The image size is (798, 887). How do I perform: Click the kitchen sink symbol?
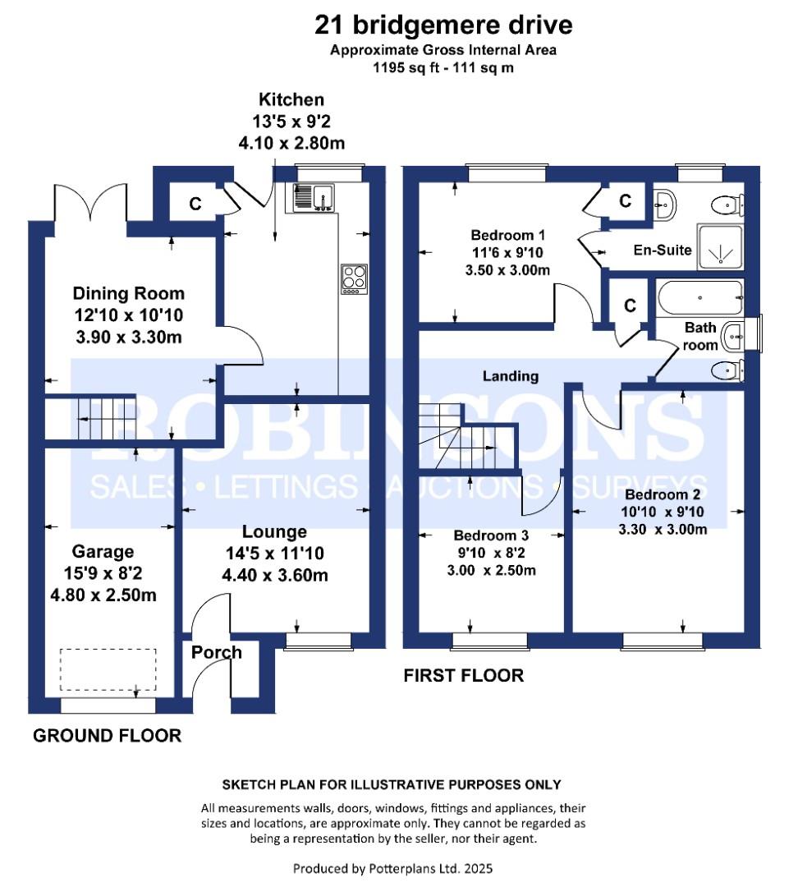pyautogui.click(x=314, y=198)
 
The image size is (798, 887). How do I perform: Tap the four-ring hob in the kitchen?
pyautogui.click(x=354, y=279)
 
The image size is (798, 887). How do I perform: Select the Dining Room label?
pyautogui.click(x=128, y=293)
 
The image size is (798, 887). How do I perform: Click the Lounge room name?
pyautogui.click(x=274, y=531)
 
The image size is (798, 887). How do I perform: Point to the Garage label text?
pyautogui.click(x=103, y=552)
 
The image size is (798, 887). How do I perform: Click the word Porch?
pyautogui.click(x=216, y=652)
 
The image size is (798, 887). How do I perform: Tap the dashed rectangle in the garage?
pyautogui.click(x=108, y=669)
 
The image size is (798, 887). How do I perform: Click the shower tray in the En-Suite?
pyautogui.click(x=720, y=246)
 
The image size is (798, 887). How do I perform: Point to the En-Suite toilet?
pyautogui.click(x=727, y=205)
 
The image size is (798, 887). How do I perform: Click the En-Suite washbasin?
pyautogui.click(x=664, y=204)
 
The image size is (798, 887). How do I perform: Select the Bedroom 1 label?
pyautogui.click(x=508, y=235)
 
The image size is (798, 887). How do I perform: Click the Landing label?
pyautogui.click(x=510, y=376)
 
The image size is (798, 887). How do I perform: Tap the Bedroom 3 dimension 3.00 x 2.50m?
pyautogui.click(x=492, y=570)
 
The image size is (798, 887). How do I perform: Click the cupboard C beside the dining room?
pyautogui.click(x=195, y=204)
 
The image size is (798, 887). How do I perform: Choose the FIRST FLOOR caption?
pyautogui.click(x=463, y=675)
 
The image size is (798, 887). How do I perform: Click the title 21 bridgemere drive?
pyautogui.click(x=443, y=25)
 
